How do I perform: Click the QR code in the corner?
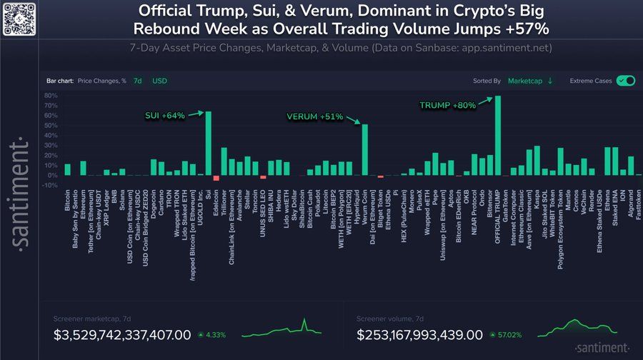(x=19, y=19)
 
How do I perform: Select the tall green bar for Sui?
(x=208, y=143)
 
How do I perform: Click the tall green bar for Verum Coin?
(x=365, y=149)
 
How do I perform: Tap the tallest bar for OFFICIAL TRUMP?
(x=498, y=135)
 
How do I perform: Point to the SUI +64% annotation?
(x=165, y=114)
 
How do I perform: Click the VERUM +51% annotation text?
(x=315, y=116)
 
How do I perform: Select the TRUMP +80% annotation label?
(x=447, y=105)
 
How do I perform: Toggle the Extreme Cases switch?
(x=626, y=81)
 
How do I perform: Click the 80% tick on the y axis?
(x=51, y=95)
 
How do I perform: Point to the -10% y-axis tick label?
(x=50, y=186)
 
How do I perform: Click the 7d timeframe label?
(x=138, y=81)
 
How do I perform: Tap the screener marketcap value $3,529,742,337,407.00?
(x=123, y=334)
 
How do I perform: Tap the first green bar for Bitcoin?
(x=67, y=169)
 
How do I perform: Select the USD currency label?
(x=159, y=81)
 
